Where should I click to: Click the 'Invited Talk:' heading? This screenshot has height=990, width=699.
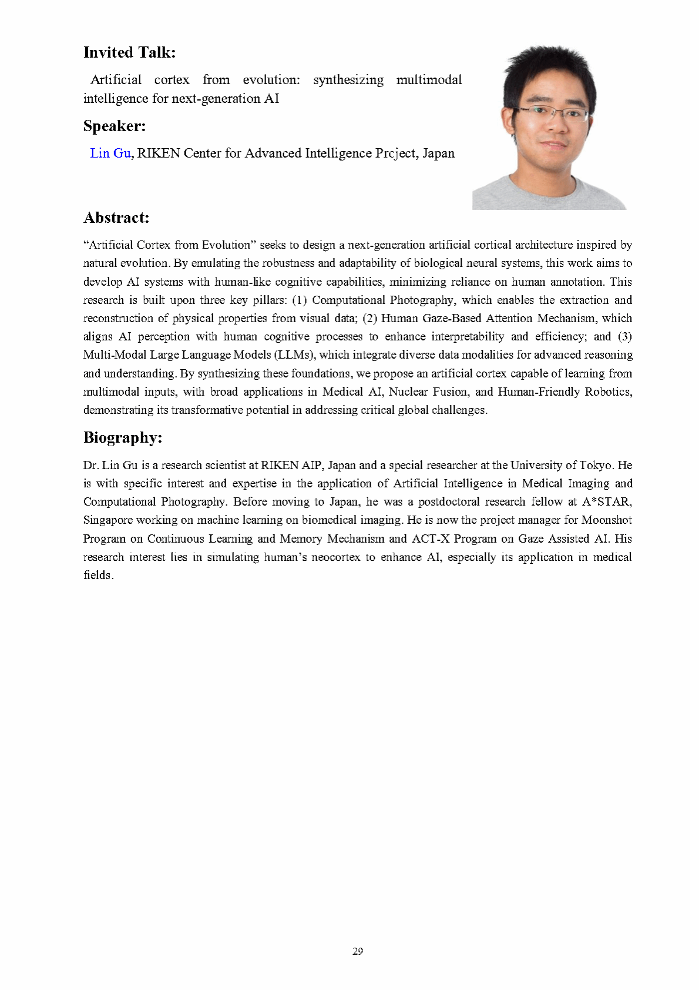[129, 52]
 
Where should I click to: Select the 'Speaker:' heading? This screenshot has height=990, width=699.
[115, 126]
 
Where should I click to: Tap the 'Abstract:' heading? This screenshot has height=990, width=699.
[116, 218]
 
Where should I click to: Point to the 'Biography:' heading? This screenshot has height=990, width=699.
[123, 437]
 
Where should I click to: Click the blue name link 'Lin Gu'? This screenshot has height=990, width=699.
[110, 153]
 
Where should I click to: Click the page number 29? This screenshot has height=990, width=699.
[358, 951]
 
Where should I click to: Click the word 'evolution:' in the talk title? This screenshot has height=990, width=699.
[271, 80]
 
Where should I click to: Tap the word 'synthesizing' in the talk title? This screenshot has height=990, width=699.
[348, 80]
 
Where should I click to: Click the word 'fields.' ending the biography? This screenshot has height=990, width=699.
[98, 576]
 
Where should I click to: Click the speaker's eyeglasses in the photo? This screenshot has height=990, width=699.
[554, 112]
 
